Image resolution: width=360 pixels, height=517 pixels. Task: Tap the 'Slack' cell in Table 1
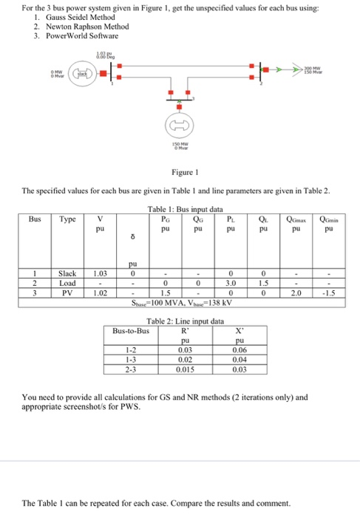point(68,274)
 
